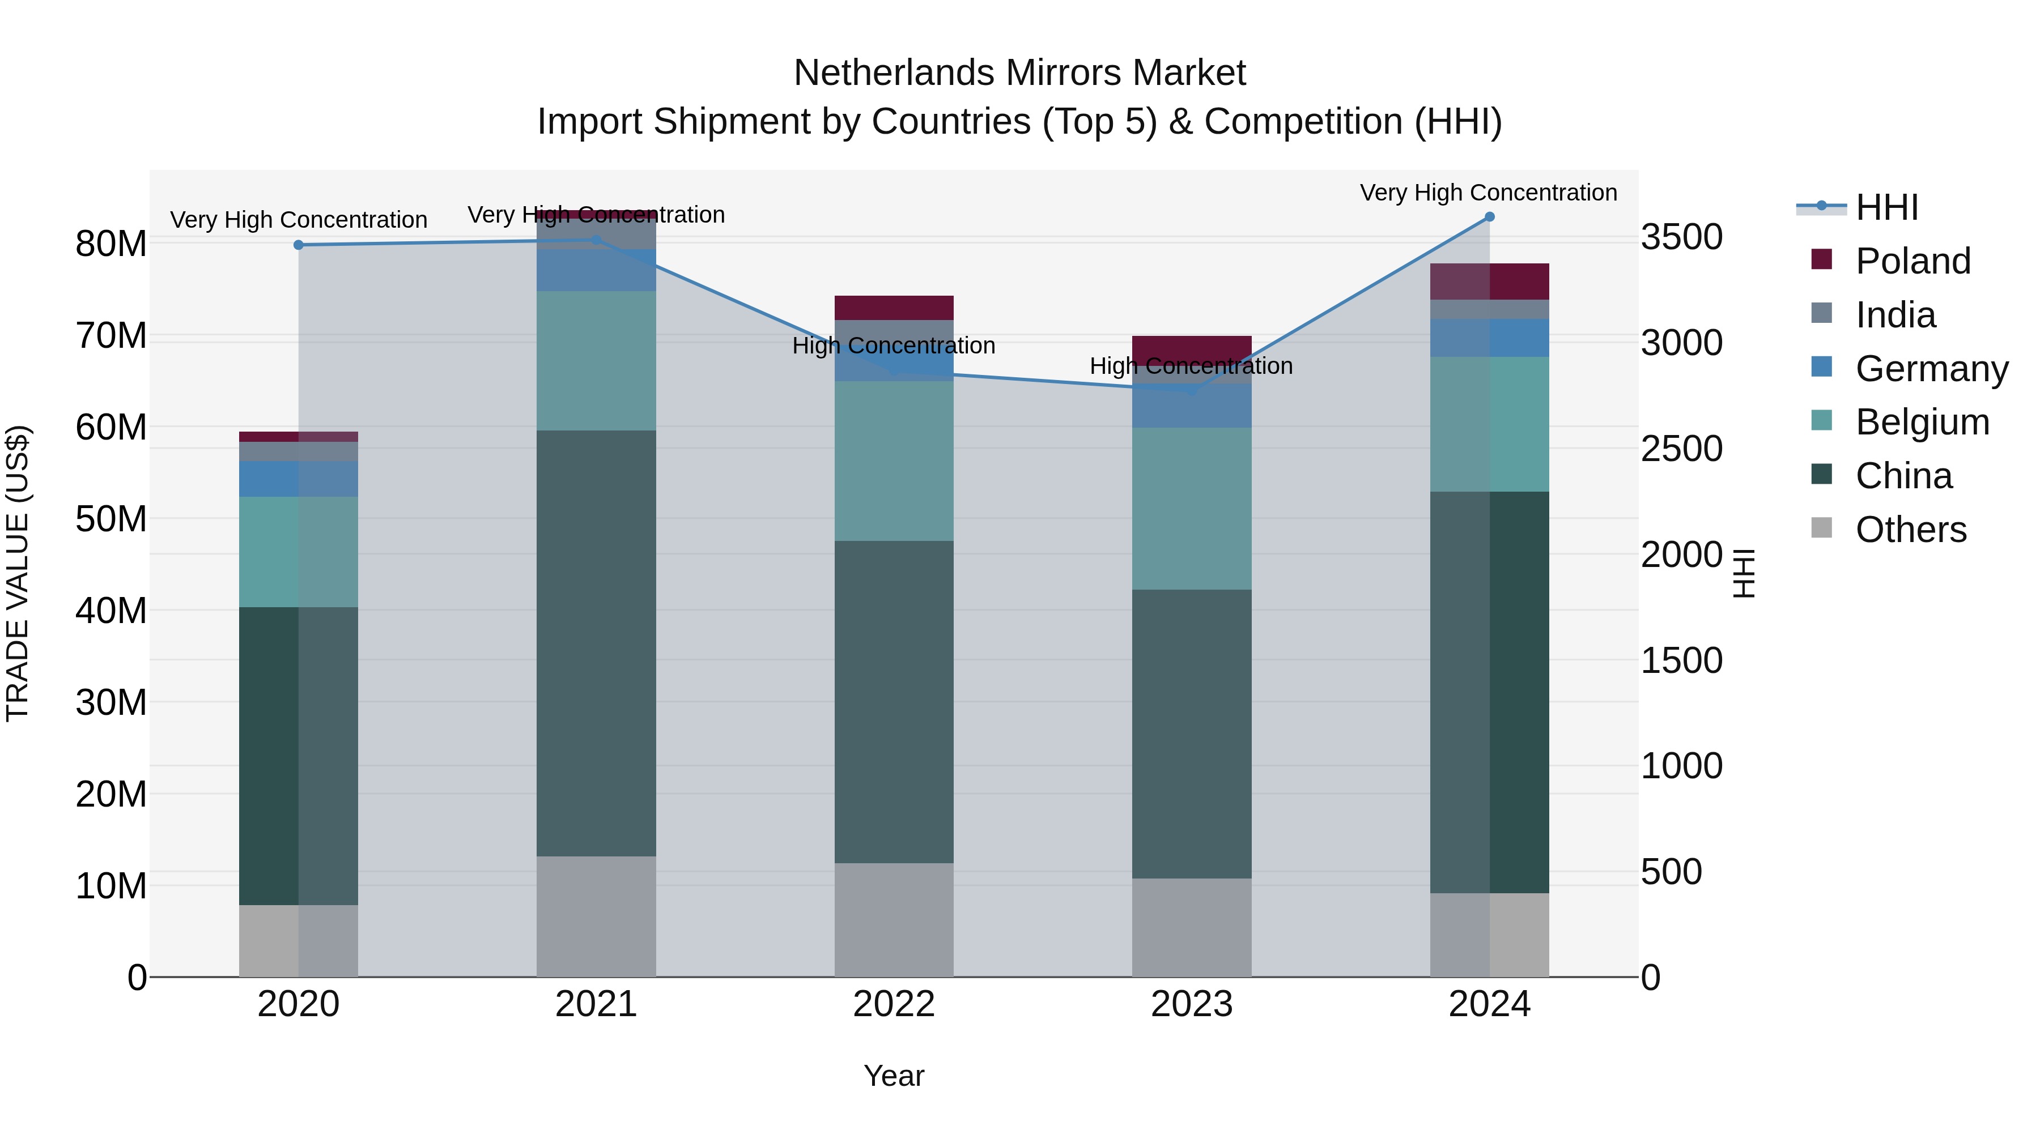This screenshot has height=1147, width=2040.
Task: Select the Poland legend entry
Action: (x=1912, y=261)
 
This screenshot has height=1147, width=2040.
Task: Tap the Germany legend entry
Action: (x=1931, y=369)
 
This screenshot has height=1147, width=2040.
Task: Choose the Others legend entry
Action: (x=1910, y=530)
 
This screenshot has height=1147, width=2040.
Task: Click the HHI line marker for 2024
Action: (x=1489, y=217)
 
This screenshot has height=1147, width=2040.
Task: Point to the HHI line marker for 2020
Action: (x=299, y=245)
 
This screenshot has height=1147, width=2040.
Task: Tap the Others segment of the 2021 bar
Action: (x=596, y=916)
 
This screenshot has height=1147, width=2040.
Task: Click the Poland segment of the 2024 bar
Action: (x=1489, y=281)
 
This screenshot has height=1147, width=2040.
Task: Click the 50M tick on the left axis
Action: (x=111, y=519)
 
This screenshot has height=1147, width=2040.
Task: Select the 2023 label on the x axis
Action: (x=1191, y=1004)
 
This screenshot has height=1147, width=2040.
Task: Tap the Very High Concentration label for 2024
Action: (x=1488, y=193)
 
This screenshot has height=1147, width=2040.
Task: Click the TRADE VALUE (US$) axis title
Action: (x=18, y=573)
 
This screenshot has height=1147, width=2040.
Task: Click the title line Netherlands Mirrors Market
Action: (x=1019, y=73)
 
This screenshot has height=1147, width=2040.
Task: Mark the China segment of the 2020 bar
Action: (x=299, y=756)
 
